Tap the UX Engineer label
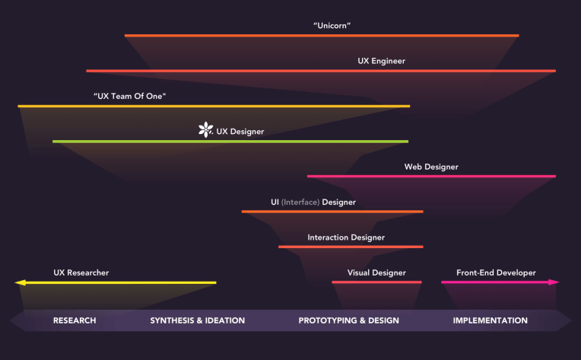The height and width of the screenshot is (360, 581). click(x=381, y=61)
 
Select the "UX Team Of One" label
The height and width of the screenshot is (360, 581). click(x=129, y=96)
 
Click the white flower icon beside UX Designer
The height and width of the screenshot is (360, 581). click(x=205, y=131)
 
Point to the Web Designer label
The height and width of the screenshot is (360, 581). click(x=431, y=167)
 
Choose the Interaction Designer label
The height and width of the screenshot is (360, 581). click(x=346, y=237)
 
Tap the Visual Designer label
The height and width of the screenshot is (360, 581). click(x=376, y=272)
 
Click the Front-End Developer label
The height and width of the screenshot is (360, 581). click(x=496, y=272)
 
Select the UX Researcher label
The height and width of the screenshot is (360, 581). click(x=81, y=272)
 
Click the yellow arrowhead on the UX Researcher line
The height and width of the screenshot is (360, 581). click(x=20, y=283)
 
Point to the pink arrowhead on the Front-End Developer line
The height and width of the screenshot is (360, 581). click(x=554, y=282)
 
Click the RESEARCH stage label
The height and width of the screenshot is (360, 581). click(x=75, y=320)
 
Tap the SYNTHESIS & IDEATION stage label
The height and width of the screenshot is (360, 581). click(x=198, y=320)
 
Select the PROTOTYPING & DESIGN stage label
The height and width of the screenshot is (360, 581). click(x=348, y=320)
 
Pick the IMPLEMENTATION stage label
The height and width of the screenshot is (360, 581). click(x=490, y=320)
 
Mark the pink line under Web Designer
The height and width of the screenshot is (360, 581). click(x=431, y=177)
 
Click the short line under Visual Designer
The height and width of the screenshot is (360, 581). click(x=376, y=282)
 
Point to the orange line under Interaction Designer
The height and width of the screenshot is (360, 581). click(x=351, y=247)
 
